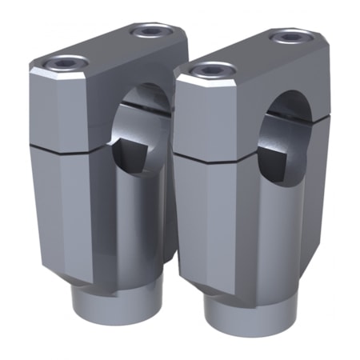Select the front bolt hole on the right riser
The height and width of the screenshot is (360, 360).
(x=211, y=70)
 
